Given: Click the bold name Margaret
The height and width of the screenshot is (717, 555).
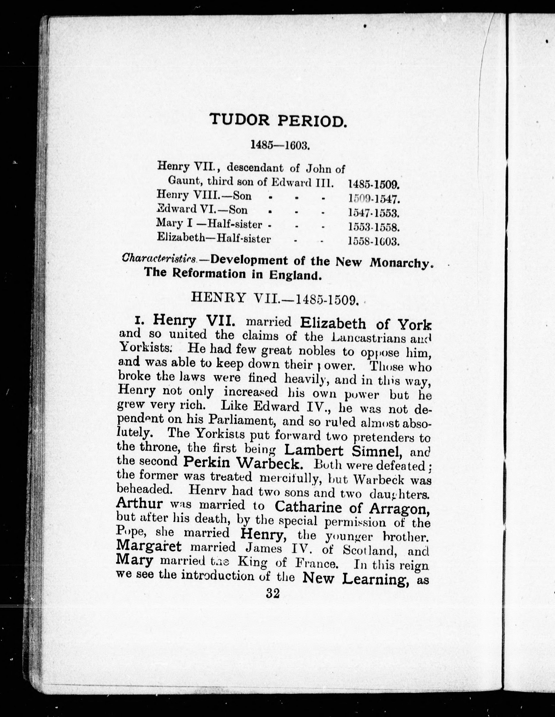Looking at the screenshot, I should [149, 547].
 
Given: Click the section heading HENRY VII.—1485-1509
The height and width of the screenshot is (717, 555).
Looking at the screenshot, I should [274, 298].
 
